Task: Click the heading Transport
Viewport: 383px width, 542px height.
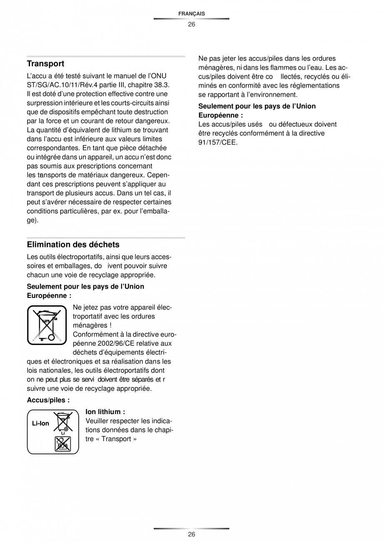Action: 45,64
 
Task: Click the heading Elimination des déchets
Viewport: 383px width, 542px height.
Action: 73,245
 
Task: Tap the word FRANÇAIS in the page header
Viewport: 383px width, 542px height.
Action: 191,14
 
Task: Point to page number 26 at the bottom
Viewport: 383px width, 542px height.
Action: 191,535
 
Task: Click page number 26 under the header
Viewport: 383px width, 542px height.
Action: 191,24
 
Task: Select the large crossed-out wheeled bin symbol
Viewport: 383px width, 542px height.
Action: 47,325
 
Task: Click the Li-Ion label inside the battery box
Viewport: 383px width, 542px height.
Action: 40,423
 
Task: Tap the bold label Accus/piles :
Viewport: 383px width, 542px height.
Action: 48,400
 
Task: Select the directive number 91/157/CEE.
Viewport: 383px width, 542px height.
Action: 218,142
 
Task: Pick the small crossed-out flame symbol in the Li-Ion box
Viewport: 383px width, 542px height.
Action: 63,444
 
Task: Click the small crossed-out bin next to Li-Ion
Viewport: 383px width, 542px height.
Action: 63,422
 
